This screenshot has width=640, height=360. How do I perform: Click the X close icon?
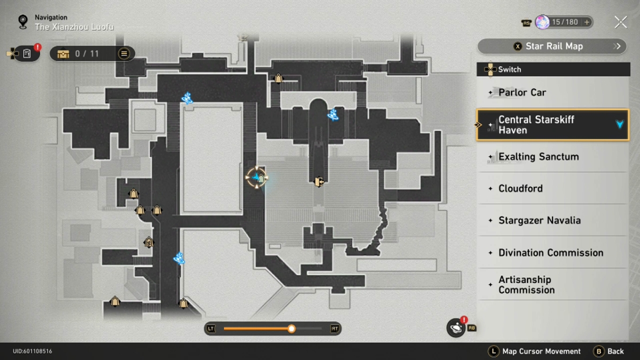(x=620, y=22)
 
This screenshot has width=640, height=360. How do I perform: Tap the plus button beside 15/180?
(x=587, y=22)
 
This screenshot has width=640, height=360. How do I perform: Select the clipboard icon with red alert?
(x=27, y=53)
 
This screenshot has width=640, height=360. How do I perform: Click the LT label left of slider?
(x=211, y=329)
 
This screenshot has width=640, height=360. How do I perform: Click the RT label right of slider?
(x=334, y=329)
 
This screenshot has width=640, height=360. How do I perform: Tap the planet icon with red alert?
(x=457, y=328)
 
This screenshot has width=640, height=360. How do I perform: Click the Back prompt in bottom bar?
(x=609, y=351)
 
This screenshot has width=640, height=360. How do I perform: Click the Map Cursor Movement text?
(x=541, y=351)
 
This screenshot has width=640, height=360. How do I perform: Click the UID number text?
(x=33, y=351)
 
